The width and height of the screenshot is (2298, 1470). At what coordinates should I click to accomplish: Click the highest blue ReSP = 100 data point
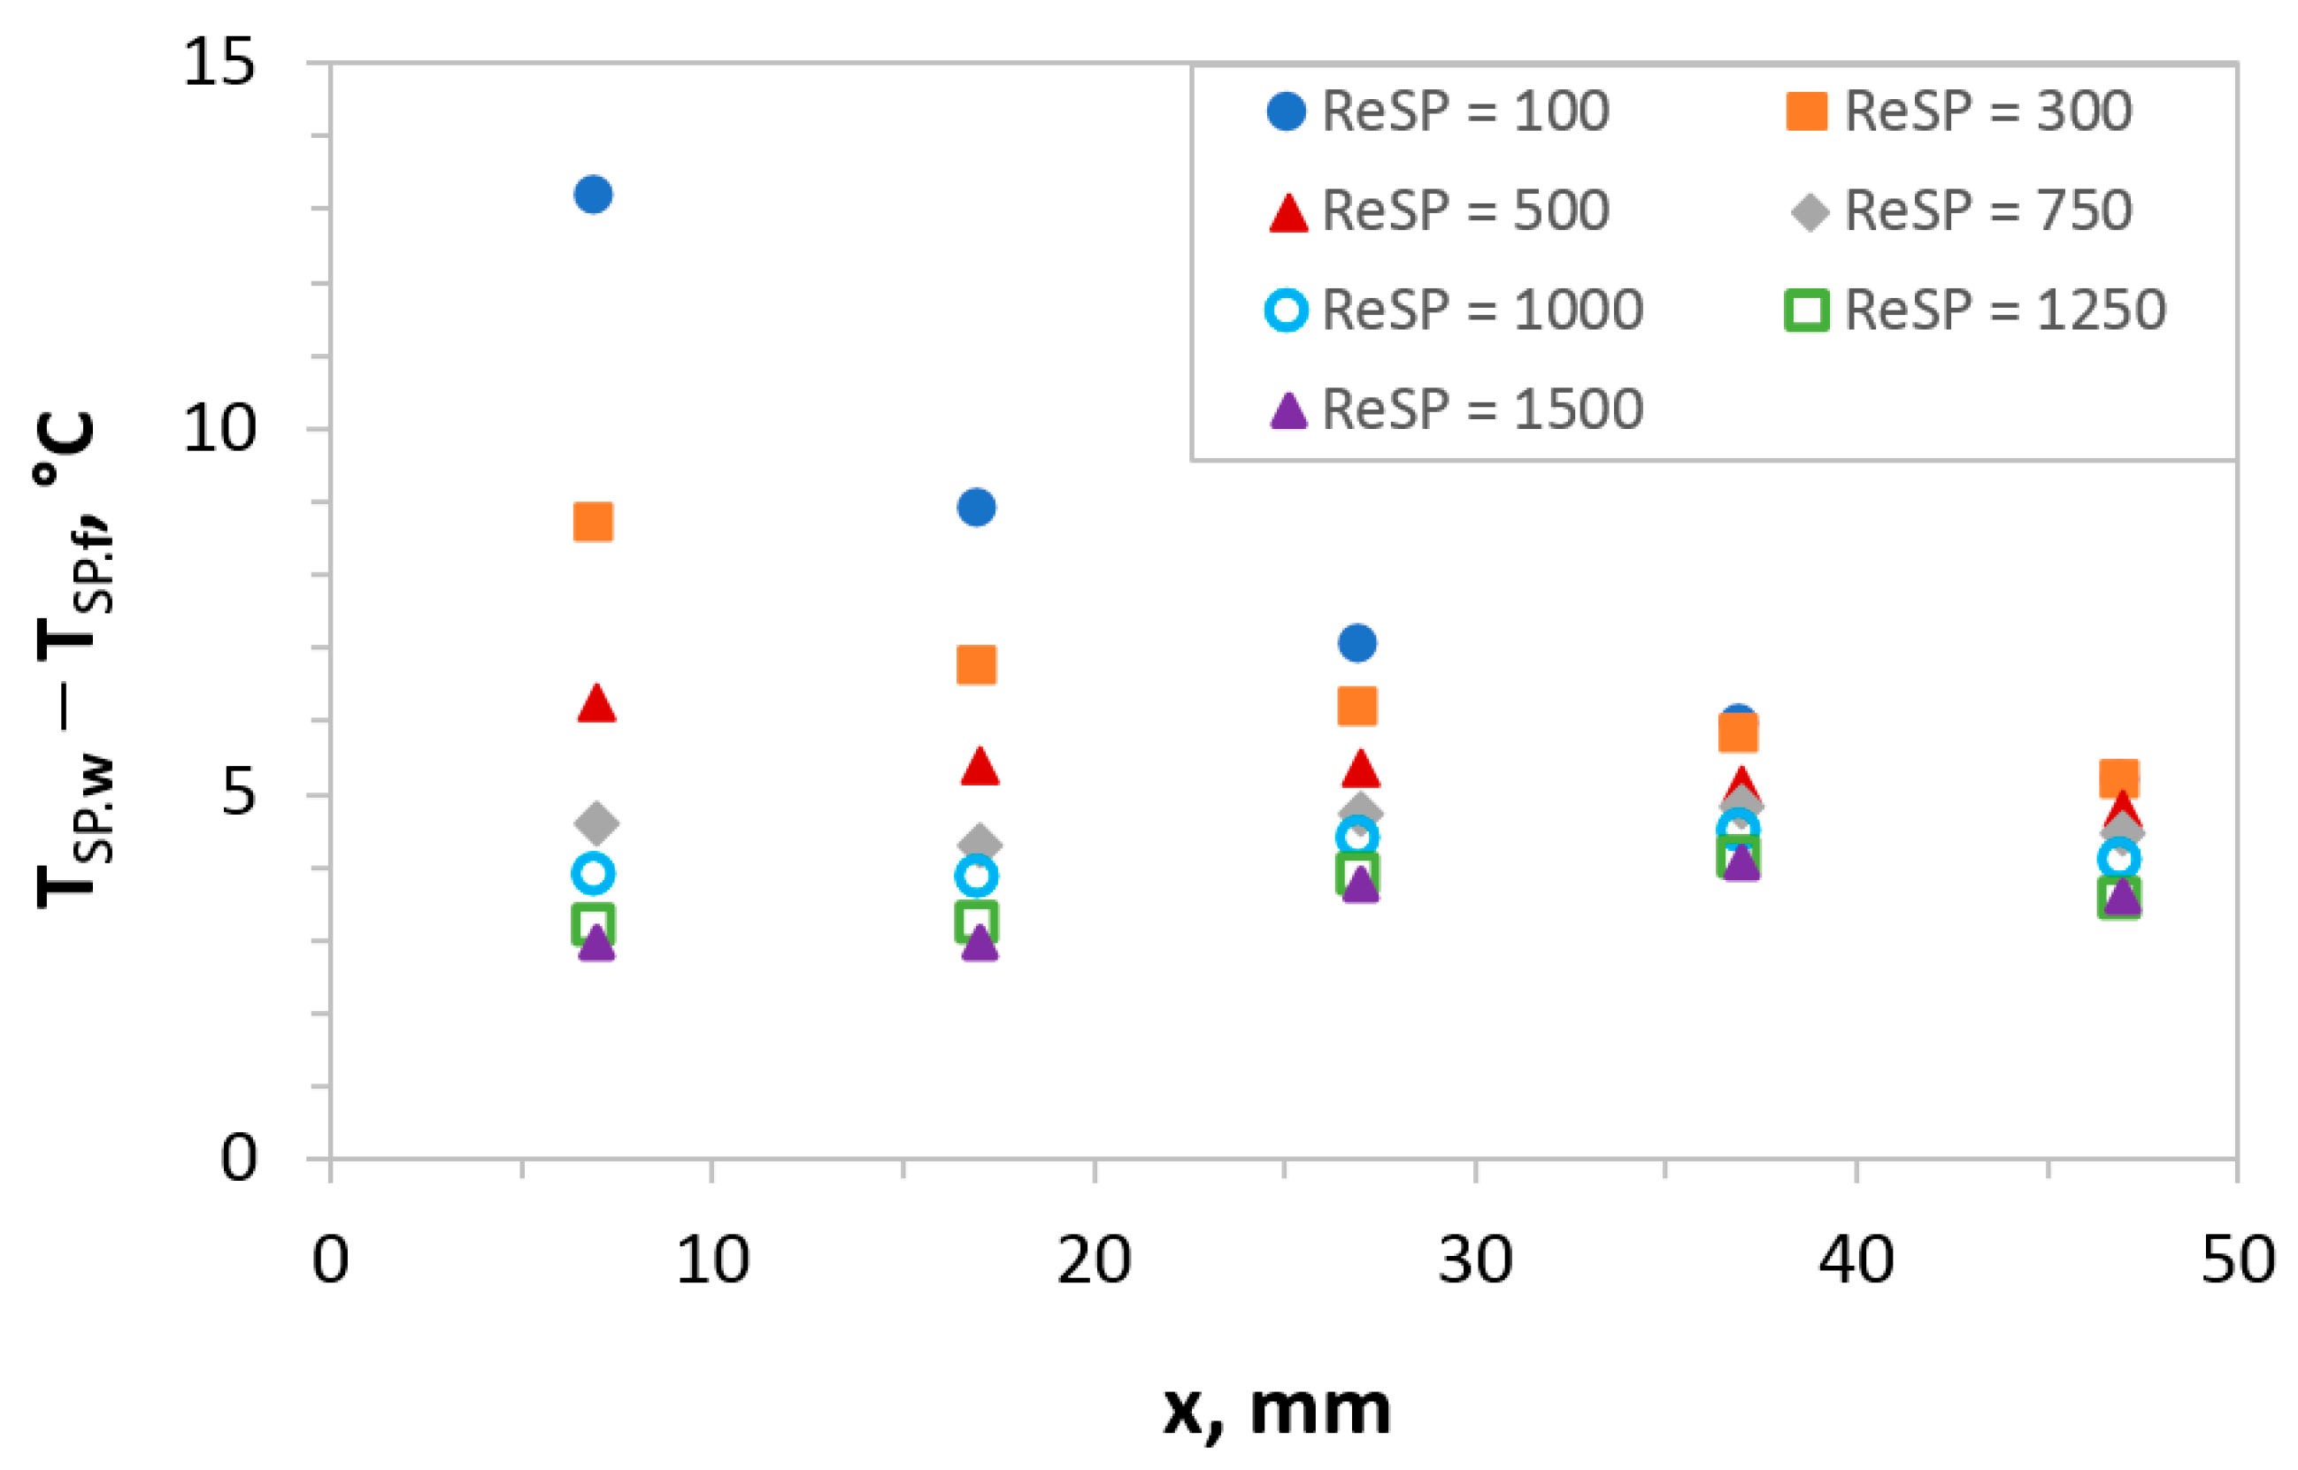[x=593, y=195]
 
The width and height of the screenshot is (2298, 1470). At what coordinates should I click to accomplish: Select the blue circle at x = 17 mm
[x=976, y=507]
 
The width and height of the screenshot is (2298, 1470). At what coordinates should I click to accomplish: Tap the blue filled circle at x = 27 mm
[x=1357, y=643]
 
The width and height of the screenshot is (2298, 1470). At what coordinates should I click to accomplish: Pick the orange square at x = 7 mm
[x=593, y=522]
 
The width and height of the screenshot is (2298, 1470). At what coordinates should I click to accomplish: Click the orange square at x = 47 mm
[x=2118, y=779]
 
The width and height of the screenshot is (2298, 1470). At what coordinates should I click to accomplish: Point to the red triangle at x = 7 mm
[x=596, y=704]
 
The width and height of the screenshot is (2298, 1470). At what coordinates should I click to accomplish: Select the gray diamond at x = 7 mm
[x=596, y=822]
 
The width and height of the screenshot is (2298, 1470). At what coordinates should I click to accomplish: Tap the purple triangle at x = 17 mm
[x=980, y=943]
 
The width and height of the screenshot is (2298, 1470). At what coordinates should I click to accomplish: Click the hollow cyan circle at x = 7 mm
[x=593, y=872]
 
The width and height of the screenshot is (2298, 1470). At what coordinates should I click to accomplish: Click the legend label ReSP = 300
[x=1987, y=111]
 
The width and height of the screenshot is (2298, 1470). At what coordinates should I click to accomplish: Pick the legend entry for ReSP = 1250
[x=2004, y=310]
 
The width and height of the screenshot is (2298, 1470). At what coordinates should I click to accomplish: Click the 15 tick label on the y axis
[x=219, y=63]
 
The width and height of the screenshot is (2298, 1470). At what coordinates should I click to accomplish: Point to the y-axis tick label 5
[x=239, y=793]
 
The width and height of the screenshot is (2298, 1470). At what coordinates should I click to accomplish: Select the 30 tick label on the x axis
[x=1475, y=1260]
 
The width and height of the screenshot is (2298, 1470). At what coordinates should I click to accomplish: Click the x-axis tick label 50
[x=2237, y=1260]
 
